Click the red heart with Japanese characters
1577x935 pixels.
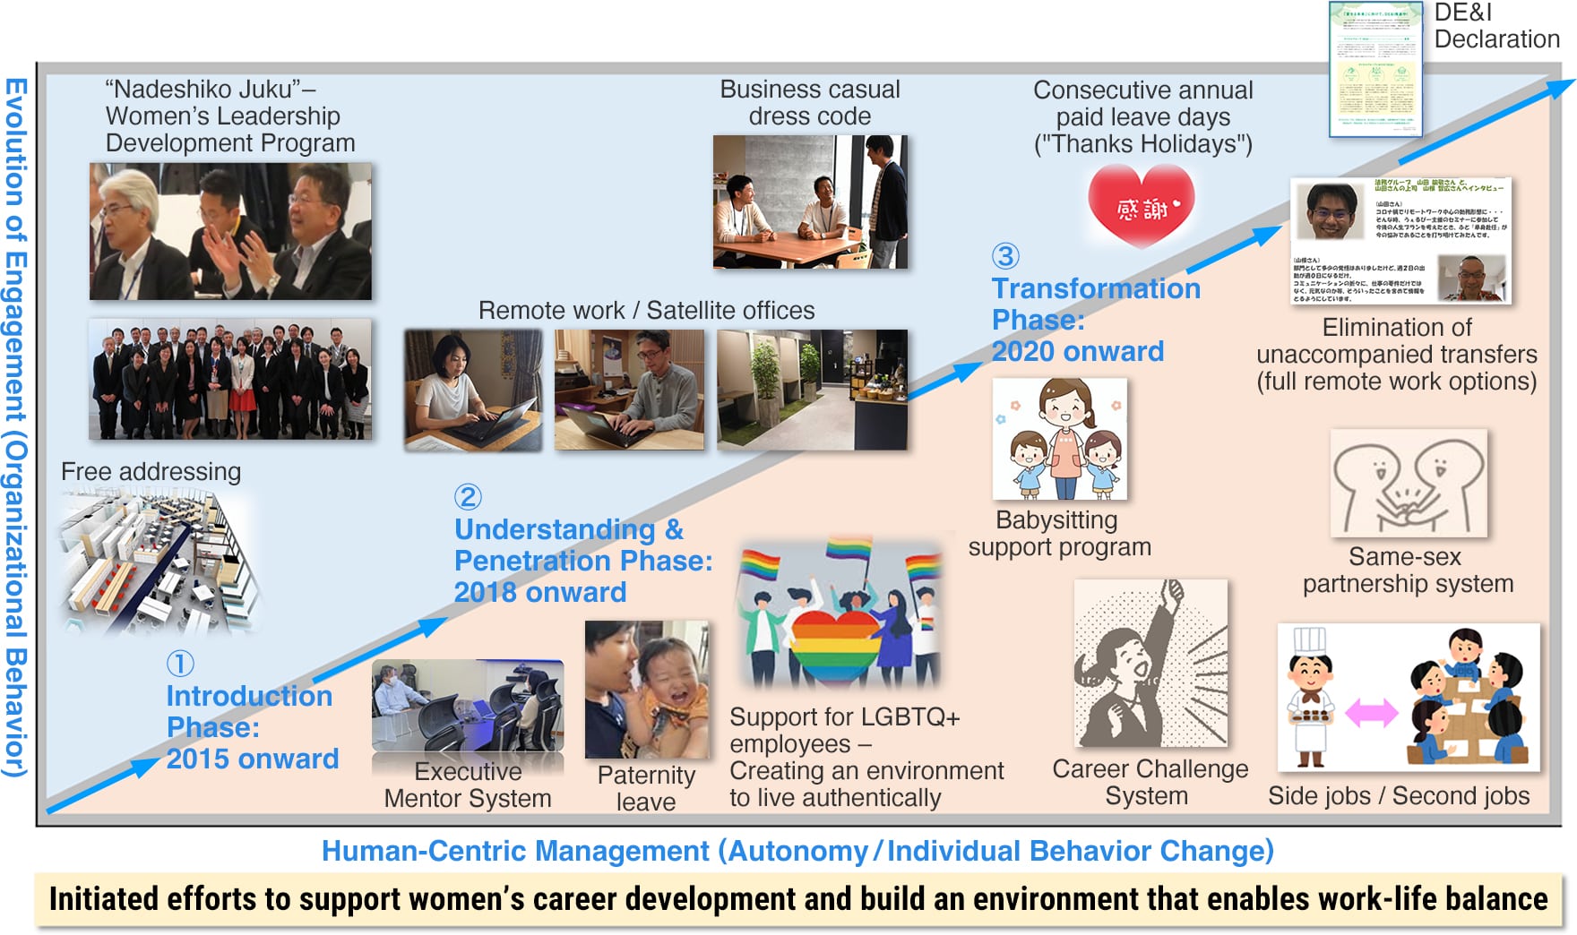(1142, 207)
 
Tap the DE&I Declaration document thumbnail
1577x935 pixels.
(1375, 70)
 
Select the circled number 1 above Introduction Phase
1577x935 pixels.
(180, 664)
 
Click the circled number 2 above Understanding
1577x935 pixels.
(468, 497)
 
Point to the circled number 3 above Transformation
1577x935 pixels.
(1005, 256)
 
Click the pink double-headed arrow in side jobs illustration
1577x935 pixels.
(1372, 713)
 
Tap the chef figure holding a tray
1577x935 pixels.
(1310, 699)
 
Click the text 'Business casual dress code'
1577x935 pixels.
(810, 103)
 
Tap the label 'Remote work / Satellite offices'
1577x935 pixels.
(646, 311)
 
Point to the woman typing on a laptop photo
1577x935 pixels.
(473, 390)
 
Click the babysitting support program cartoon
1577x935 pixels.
(1060, 439)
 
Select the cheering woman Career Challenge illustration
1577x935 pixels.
(1150, 663)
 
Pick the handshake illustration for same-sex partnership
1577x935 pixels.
(1409, 484)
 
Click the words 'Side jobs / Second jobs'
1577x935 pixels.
(1399, 795)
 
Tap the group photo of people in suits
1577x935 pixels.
(229, 379)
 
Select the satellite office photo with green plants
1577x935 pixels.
(812, 390)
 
